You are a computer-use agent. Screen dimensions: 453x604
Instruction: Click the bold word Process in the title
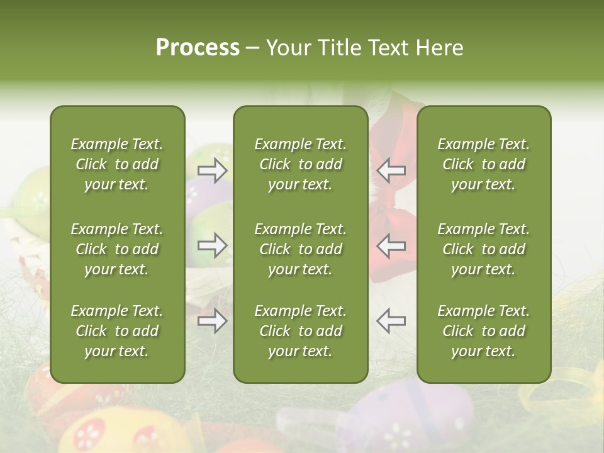pyautogui.click(x=198, y=48)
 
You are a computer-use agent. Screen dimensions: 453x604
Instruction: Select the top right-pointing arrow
pyautogui.click(x=213, y=170)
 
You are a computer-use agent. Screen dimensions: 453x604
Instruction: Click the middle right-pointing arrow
pyautogui.click(x=213, y=245)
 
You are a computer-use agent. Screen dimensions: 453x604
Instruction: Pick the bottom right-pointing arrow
pyautogui.click(x=213, y=321)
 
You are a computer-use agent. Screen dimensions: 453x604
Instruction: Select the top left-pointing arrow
pyautogui.click(x=391, y=170)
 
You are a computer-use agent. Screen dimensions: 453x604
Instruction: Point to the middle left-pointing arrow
pyautogui.click(x=391, y=245)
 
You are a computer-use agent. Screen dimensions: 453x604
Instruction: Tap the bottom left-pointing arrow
pyautogui.click(x=391, y=321)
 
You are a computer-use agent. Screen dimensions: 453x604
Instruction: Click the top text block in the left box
pyautogui.click(x=117, y=164)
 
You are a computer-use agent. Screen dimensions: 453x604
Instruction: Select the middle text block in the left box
pyautogui.click(x=117, y=249)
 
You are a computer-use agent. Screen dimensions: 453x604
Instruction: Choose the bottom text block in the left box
pyautogui.click(x=117, y=331)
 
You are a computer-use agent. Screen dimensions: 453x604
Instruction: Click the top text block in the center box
pyautogui.click(x=300, y=164)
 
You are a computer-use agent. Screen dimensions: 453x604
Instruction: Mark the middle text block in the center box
pyautogui.click(x=300, y=249)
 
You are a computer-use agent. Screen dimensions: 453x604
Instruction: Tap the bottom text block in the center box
pyautogui.click(x=300, y=331)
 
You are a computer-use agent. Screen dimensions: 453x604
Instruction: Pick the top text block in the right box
pyautogui.click(x=483, y=164)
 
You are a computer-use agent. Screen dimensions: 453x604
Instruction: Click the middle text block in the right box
pyautogui.click(x=483, y=249)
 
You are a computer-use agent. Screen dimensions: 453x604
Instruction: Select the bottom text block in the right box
pyautogui.click(x=483, y=331)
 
